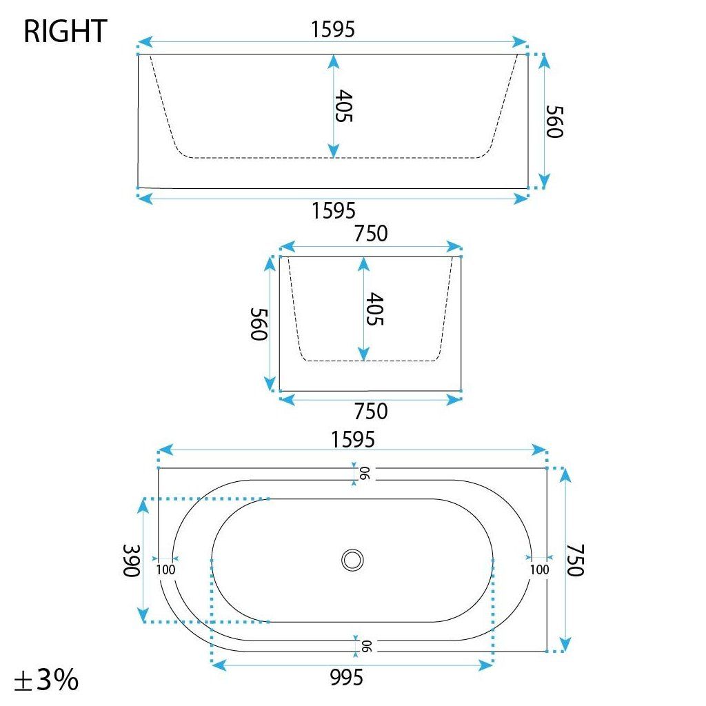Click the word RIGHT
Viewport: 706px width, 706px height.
click(65, 32)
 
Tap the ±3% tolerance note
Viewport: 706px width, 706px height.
click(46, 679)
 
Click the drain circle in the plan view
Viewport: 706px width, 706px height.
click(352, 560)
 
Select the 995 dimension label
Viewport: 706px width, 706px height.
click(346, 677)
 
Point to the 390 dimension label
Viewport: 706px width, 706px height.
click(132, 561)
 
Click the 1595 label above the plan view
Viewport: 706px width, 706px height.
click(352, 439)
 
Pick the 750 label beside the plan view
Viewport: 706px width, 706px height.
click(575, 560)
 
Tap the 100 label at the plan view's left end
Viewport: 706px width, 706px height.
click(165, 569)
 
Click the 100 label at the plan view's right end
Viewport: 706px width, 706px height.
click(539, 569)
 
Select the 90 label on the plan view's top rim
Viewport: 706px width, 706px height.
click(364, 474)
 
